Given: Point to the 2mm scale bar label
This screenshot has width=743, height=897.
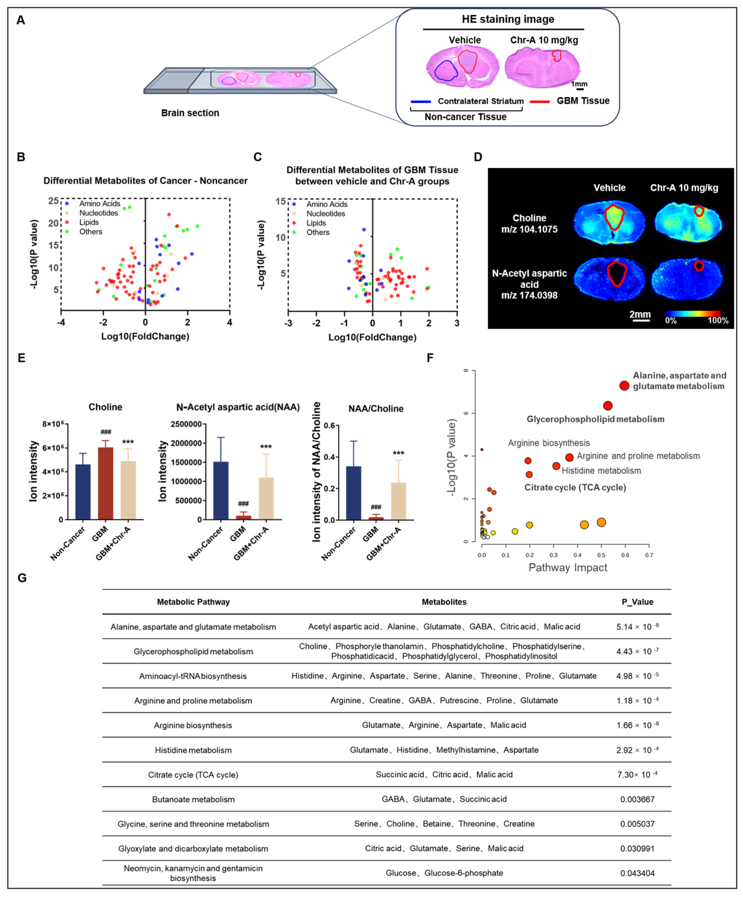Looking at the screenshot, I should tap(639, 314).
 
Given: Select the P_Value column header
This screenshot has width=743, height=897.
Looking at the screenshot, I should tap(637, 602).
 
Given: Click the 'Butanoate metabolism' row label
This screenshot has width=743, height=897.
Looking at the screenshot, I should tap(193, 799).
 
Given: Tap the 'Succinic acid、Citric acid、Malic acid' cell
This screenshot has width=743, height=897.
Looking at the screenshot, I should tap(444, 774).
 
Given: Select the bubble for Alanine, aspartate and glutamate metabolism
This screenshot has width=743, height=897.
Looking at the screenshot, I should tap(624, 386).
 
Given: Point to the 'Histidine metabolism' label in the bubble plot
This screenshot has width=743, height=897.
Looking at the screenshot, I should tap(601, 471).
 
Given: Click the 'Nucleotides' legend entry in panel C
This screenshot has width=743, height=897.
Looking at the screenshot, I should tap(326, 214).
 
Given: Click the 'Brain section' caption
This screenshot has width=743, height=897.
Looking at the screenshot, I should tap(190, 113).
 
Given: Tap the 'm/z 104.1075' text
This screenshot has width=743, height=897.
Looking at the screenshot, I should tap(529, 229).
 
